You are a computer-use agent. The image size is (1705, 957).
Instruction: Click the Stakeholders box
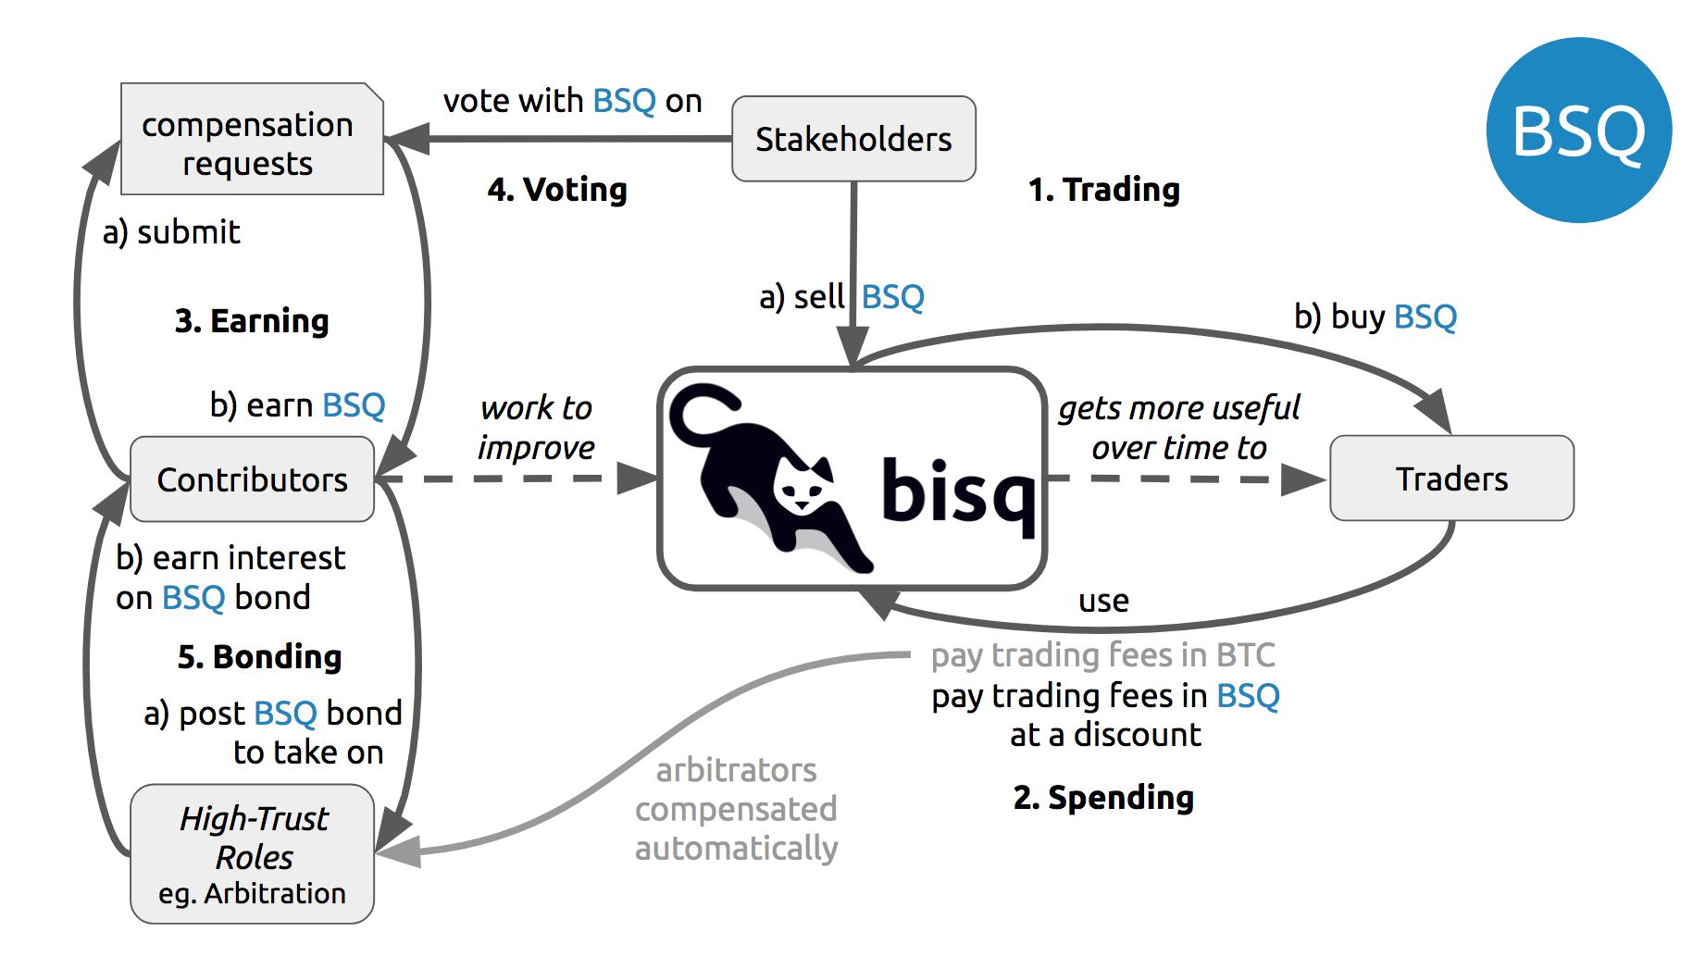[853, 139]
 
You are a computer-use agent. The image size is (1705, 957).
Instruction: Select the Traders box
[1451, 478]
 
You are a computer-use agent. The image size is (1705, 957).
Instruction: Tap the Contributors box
[252, 479]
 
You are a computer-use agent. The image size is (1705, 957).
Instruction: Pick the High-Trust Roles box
[252, 853]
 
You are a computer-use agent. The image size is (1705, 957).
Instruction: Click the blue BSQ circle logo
[1579, 130]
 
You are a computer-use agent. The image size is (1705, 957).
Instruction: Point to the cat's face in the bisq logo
[802, 486]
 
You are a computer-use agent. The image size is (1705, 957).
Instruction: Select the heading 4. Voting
[557, 190]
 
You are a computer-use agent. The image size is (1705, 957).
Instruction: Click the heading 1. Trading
[1104, 190]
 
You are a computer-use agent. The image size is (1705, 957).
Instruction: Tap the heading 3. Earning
[252, 321]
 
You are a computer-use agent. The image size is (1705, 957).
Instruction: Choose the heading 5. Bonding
[260, 657]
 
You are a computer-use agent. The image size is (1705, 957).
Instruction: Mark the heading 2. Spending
[1103, 798]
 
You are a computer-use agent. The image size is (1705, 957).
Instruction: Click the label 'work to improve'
[536, 428]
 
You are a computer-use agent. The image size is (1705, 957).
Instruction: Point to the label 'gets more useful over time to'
[1179, 428]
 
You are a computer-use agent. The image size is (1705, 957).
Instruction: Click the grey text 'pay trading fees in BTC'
[1103, 655]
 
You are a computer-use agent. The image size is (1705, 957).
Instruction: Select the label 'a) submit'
[171, 232]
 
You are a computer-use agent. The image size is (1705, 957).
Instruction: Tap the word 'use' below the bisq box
[1103, 602]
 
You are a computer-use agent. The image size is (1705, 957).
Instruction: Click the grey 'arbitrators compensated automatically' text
[736, 809]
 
